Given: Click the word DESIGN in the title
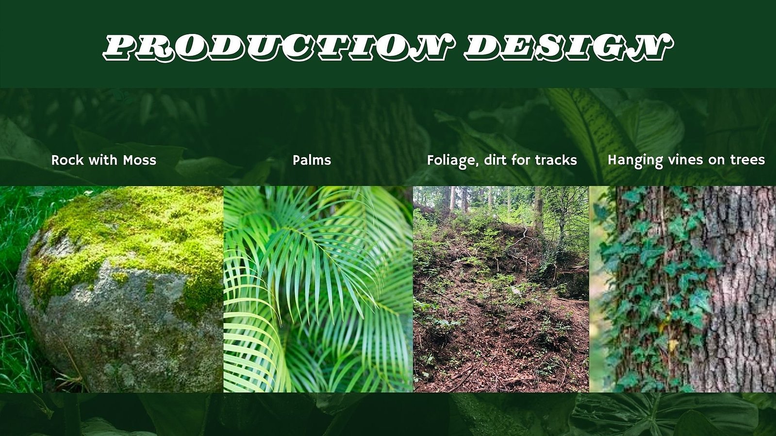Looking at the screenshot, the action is click(568, 48).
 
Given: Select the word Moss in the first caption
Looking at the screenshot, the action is click(140, 160).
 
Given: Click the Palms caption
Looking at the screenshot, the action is click(312, 160).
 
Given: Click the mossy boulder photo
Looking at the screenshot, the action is click(112, 289).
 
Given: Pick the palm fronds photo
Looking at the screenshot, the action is click(318, 289).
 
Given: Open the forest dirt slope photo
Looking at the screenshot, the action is click(501, 289).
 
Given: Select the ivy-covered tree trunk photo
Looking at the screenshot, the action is click(682, 289).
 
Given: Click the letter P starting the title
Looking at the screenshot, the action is click(119, 48).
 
